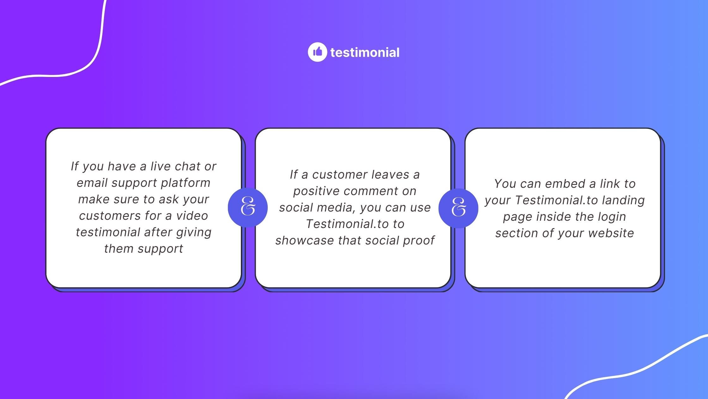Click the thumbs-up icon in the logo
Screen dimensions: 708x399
pos(317,52)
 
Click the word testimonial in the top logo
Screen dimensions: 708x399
pos(365,53)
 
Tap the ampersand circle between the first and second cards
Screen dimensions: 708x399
pos(248,208)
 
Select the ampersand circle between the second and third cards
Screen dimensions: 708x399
pos(458,208)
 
